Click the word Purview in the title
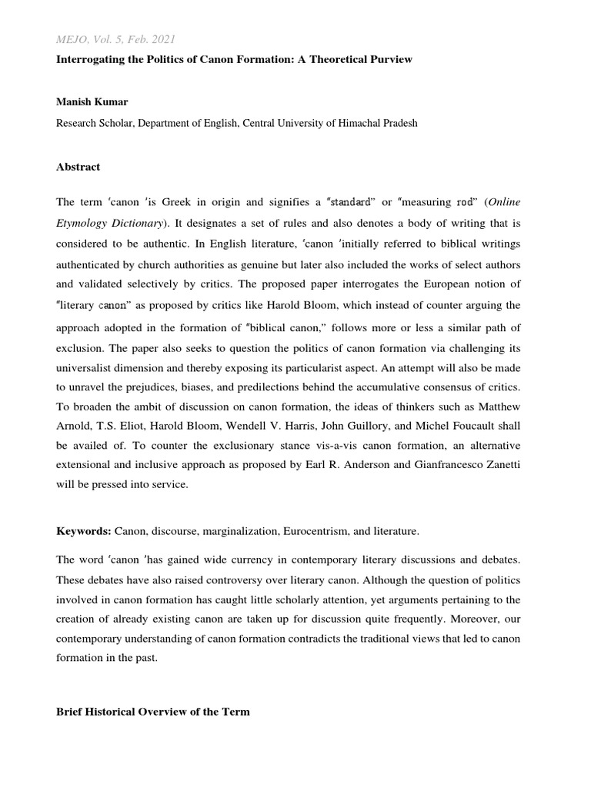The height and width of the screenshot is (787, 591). (390, 59)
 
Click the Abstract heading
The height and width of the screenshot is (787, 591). (78, 167)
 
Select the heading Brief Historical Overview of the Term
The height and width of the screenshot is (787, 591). (152, 712)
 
